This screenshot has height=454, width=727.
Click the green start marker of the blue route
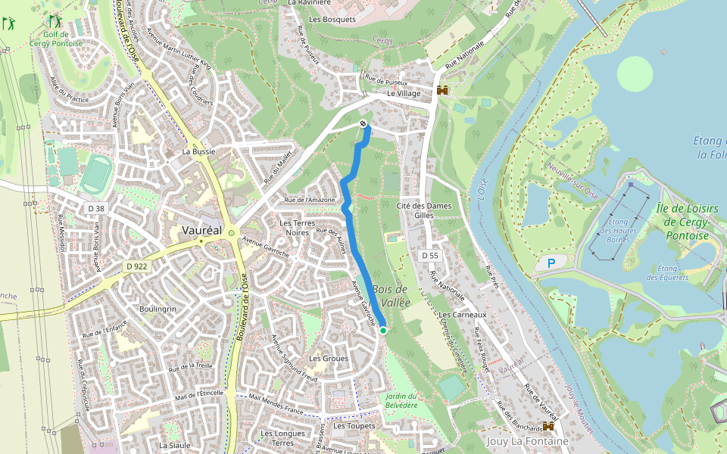pos(383,331)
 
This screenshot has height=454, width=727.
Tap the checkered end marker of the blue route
pos(364,123)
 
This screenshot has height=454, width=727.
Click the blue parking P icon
pos(551,263)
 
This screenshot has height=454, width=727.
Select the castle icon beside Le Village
pos(442,90)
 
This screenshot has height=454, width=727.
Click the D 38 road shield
pos(96,208)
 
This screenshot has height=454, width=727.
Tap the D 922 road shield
pos(137,266)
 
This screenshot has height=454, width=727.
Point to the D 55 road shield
pos(429,256)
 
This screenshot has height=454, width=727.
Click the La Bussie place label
pos(198,151)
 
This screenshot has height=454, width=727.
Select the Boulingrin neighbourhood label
pos(158,309)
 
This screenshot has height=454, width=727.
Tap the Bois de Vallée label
pos(391,296)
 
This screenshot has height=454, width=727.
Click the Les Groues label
pos(329,358)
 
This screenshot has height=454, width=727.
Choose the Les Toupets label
pos(354,425)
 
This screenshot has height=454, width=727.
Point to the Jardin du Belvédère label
pos(401,401)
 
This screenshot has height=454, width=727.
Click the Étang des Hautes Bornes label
pos(614,229)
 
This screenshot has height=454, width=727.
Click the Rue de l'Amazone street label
pos(308,200)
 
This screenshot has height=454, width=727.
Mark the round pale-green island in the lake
pos(635,73)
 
